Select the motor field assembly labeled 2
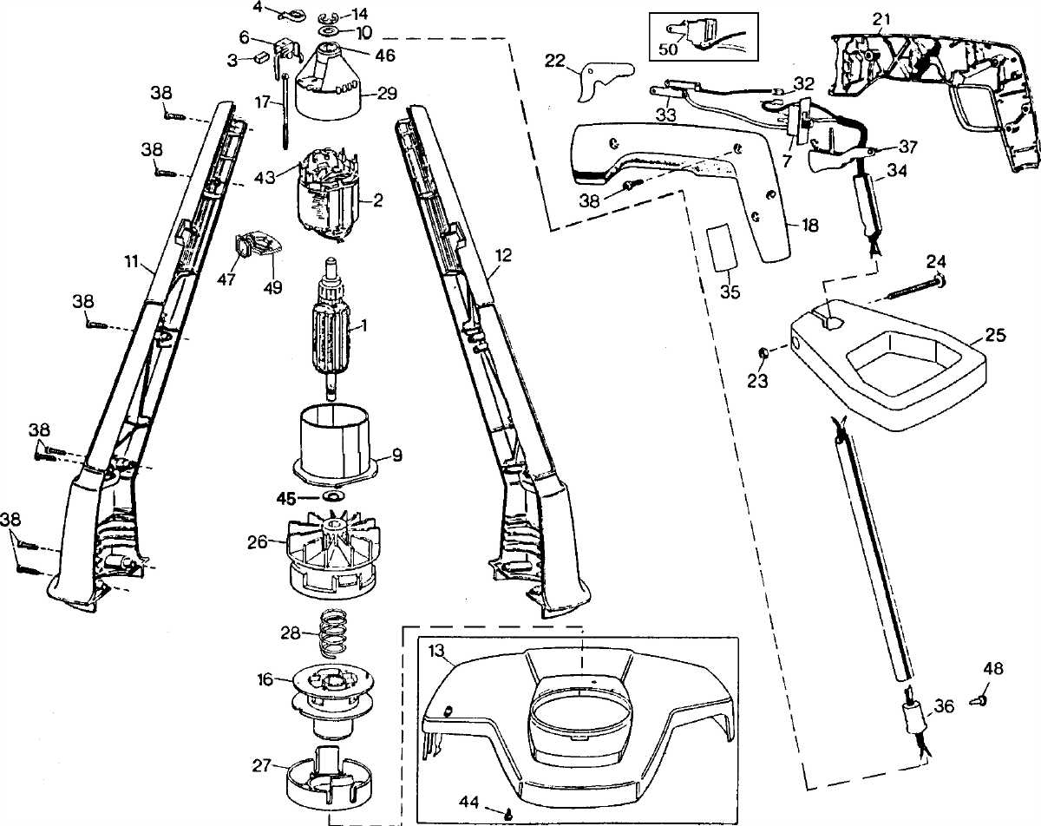(x=330, y=196)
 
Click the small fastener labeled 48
(x=978, y=693)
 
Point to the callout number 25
(x=994, y=336)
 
